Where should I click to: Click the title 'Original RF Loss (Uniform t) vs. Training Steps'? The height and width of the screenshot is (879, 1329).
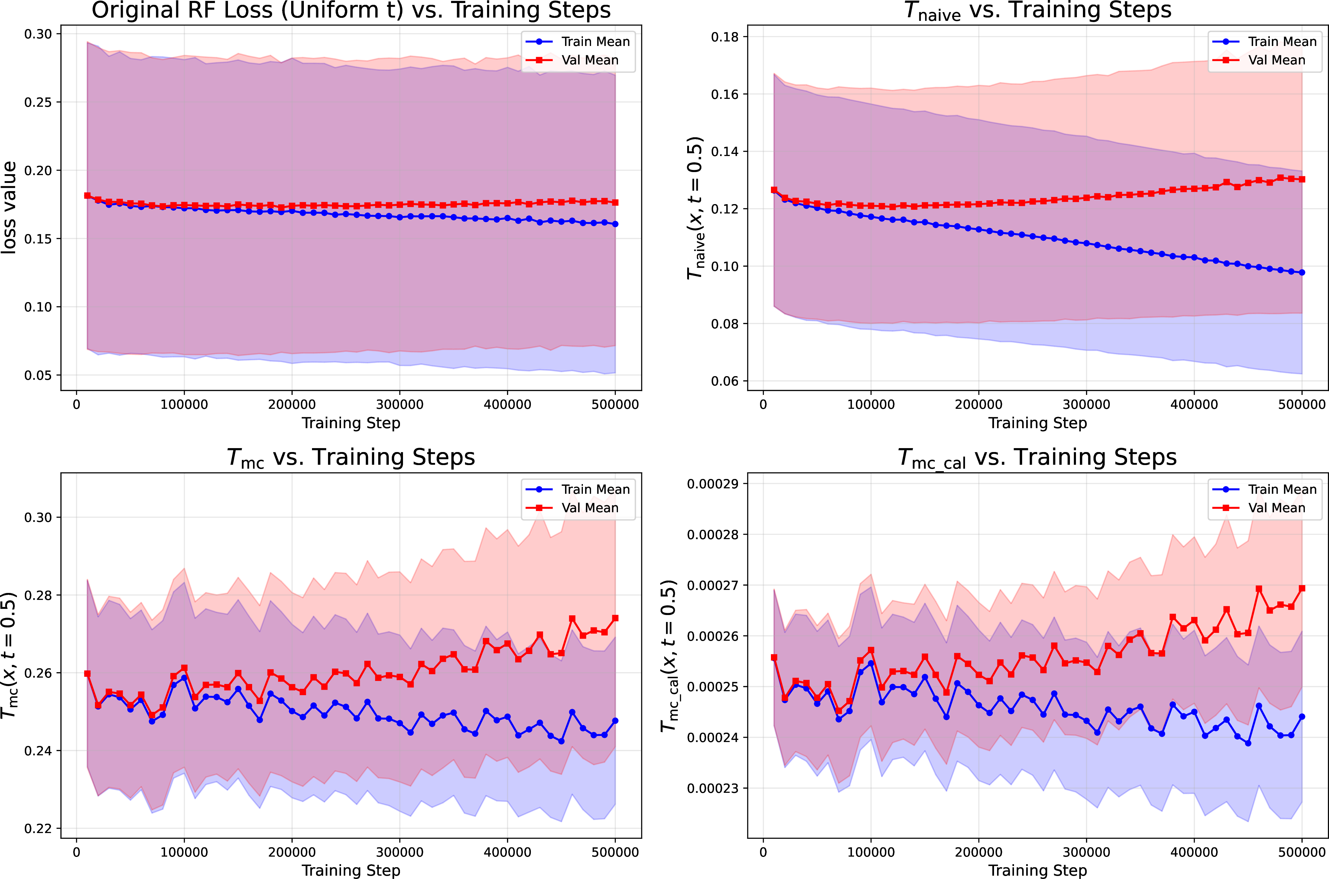click(351, 10)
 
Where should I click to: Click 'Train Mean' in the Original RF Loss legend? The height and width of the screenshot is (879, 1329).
click(595, 41)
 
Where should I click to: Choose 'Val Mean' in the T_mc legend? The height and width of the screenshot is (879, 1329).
click(590, 508)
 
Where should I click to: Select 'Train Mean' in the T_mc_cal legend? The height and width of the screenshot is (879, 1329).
click(1282, 490)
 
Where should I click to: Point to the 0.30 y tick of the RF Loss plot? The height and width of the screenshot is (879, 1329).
click(38, 34)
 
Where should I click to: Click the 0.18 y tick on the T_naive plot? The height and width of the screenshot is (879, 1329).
click(725, 37)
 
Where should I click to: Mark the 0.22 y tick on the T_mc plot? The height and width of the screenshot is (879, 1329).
click(38, 829)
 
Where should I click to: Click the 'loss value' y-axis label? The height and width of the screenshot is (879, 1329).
click(9, 207)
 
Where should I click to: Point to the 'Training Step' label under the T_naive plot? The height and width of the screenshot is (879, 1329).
click(1038, 423)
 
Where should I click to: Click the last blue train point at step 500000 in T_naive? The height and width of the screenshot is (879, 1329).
click(1302, 272)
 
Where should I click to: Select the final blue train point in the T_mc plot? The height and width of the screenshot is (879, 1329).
click(616, 721)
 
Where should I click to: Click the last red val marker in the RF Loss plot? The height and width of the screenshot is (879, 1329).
click(616, 202)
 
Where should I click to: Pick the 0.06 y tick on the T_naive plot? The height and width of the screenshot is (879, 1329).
click(725, 381)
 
